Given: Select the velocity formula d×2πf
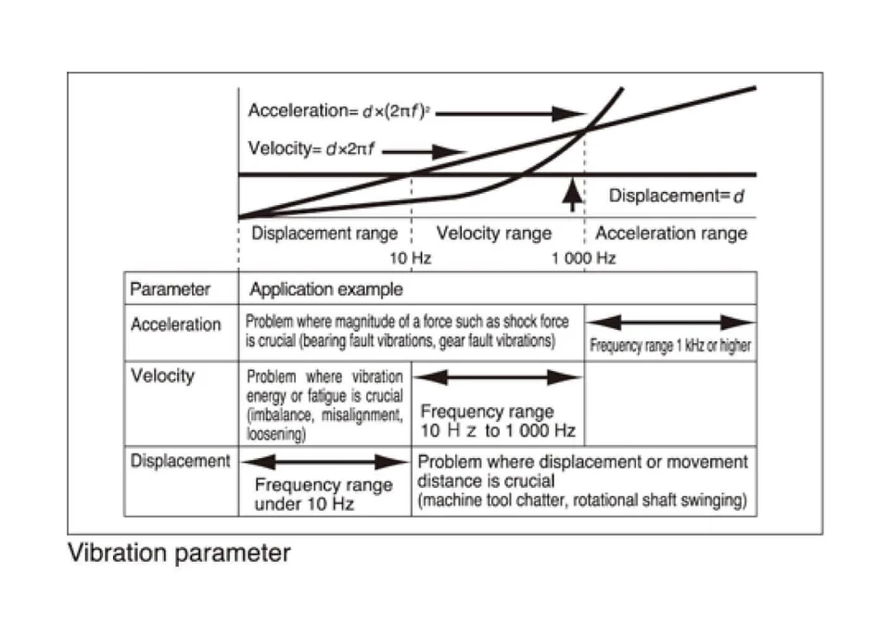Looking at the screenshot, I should pyautogui.click(x=311, y=148).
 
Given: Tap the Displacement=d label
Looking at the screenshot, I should pyautogui.click(x=677, y=197).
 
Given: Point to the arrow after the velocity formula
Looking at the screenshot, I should pyautogui.click(x=432, y=151).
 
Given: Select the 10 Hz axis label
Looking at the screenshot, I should pyautogui.click(x=408, y=259).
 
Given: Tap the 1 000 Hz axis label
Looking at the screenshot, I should pyautogui.click(x=583, y=259).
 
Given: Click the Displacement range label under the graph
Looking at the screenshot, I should pyautogui.click(x=324, y=234).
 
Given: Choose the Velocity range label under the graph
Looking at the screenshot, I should pyautogui.click(x=494, y=234).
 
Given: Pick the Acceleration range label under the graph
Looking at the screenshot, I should pyautogui.click(x=671, y=234).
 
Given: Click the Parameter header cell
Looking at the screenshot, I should pyautogui.click(x=171, y=289).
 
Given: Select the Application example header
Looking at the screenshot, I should pyautogui.click(x=326, y=289).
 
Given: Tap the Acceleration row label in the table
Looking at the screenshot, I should pyautogui.click(x=176, y=325).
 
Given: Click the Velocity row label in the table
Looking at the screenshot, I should pyautogui.click(x=163, y=376).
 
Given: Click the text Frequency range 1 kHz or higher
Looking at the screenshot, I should pyautogui.click(x=670, y=348).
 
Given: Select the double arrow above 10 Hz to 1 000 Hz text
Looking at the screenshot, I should pyautogui.click(x=497, y=377).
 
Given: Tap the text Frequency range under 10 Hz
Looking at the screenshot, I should pyautogui.click(x=324, y=494).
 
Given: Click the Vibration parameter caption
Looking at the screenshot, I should pyautogui.click(x=179, y=554).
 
